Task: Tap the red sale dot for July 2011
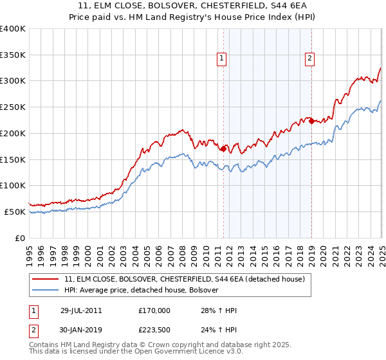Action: point(223,148)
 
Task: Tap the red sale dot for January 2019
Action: point(311,121)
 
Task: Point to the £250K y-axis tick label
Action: point(13,107)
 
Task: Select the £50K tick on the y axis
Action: point(15,212)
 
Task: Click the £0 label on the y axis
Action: point(20,238)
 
